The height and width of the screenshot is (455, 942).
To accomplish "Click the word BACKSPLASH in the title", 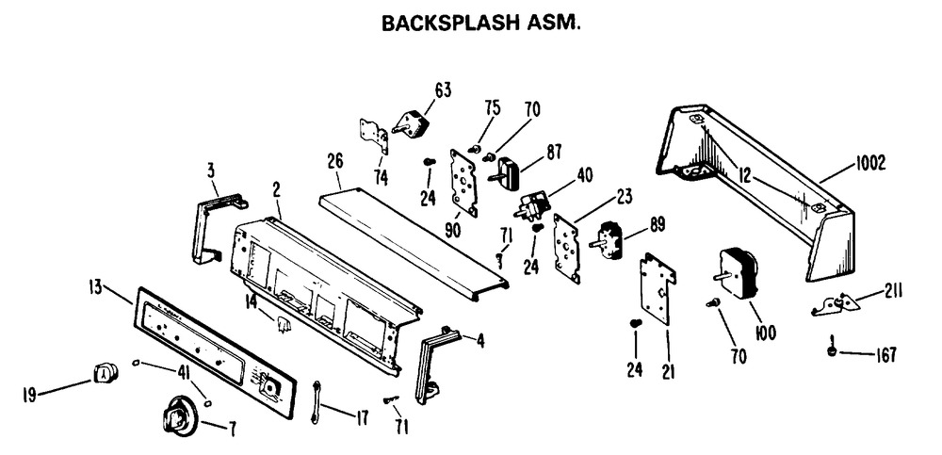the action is (450, 23).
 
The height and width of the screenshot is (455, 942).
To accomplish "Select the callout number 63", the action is (443, 90).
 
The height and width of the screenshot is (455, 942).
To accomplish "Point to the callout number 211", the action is (893, 291).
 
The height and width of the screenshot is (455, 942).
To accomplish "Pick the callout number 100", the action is (764, 333).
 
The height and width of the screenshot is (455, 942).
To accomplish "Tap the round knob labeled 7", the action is (179, 416).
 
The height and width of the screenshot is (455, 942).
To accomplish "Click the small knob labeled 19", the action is (105, 373).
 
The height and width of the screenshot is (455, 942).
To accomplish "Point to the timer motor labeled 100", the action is (736, 273).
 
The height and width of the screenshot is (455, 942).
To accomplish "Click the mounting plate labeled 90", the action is (464, 183).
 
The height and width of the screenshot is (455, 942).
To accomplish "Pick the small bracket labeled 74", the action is (374, 136).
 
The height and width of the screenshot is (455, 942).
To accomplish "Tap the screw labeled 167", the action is (832, 348).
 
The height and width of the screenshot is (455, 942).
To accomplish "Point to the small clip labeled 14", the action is (283, 325).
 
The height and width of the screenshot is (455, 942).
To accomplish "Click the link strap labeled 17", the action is (315, 402).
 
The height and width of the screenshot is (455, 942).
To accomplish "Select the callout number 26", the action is (335, 162).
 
